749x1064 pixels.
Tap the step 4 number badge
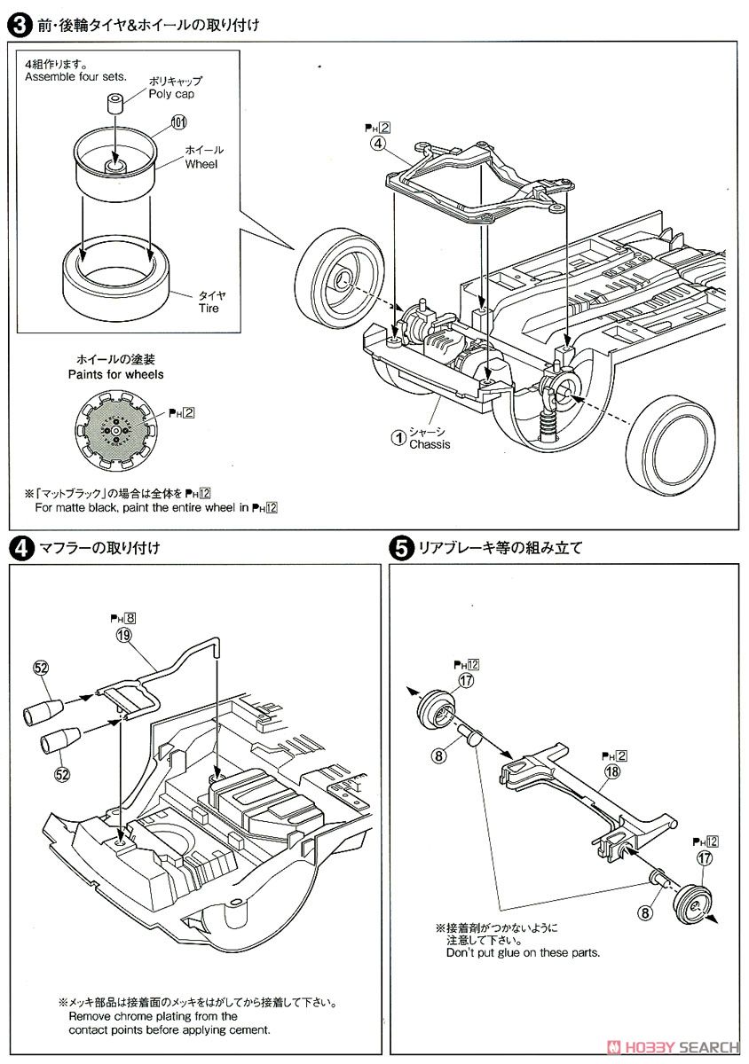pos(18,548)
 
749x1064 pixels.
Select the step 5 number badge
pos(400,548)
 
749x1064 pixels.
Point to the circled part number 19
pos(122,634)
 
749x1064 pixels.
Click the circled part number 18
pos(611,771)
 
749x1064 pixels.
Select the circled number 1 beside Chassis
pos(400,436)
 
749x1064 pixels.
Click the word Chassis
pos(430,444)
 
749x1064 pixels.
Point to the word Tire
pos(208,309)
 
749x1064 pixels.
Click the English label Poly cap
pos(171,94)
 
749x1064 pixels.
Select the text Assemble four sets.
pos(75,77)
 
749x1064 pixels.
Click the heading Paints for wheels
pos(115,374)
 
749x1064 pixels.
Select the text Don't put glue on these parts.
pos(523,952)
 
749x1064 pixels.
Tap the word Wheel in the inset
pos(201,164)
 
